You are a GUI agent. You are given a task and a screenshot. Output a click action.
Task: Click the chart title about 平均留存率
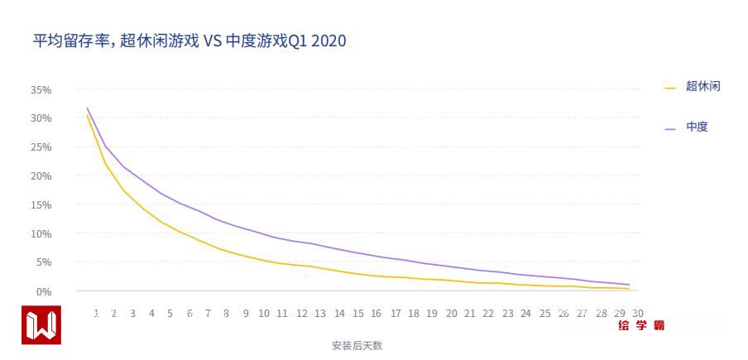tap(189, 41)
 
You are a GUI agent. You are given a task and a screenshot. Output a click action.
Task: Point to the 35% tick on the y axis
tap(41, 89)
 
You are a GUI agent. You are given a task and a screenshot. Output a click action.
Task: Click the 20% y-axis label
tap(41, 176)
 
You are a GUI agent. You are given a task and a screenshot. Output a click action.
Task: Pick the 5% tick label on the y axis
tap(43, 262)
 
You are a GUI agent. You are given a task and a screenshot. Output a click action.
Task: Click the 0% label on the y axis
tap(43, 291)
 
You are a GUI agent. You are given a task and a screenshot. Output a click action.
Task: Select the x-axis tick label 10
tap(264, 314)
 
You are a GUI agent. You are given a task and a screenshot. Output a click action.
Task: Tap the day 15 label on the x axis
tap(357, 314)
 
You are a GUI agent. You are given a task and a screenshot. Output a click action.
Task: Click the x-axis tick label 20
tap(451, 314)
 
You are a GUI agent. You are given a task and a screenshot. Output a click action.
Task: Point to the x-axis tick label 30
tap(637, 313)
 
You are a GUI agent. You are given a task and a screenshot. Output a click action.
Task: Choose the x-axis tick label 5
tap(170, 314)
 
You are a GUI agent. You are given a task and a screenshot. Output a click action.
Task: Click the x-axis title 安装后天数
tap(357, 346)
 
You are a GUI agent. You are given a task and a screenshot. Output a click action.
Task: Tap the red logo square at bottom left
tap(41, 325)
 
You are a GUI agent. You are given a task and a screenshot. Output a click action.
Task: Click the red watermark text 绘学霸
tap(641, 325)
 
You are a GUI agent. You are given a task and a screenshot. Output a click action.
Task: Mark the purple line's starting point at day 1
tap(87, 108)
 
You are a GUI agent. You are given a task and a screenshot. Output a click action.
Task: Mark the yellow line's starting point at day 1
tap(87, 115)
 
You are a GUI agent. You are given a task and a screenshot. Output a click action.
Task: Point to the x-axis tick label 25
tap(544, 314)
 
